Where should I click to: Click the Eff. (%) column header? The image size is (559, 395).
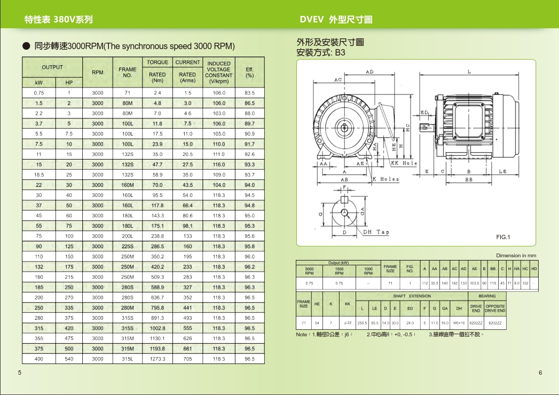(249, 72)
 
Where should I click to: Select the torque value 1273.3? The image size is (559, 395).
(158, 359)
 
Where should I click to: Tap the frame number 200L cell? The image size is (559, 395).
(128, 236)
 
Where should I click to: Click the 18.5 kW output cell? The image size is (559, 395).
(38, 175)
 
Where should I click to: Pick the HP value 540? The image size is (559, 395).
(69, 359)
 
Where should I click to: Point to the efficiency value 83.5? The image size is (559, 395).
(249, 93)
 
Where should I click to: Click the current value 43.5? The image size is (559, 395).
(187, 185)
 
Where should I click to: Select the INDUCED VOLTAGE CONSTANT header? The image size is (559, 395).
(219, 72)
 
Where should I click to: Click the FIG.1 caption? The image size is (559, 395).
(503, 237)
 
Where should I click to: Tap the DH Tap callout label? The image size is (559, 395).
(376, 232)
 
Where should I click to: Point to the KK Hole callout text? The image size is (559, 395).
(404, 163)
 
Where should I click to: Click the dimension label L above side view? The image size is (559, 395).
(469, 72)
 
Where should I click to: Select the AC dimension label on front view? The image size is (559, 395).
(338, 80)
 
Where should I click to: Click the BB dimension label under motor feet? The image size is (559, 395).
(469, 180)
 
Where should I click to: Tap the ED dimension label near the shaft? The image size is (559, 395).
(424, 113)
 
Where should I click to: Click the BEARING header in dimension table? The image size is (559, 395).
(487, 296)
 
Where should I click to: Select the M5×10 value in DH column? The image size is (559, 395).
(459, 323)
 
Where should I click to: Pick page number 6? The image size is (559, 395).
(540, 373)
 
